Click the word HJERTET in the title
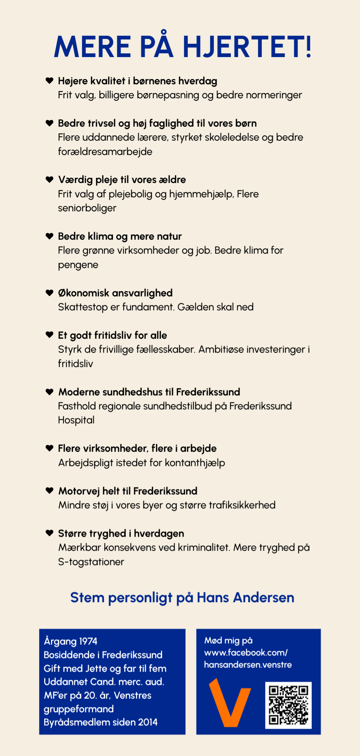pos(247,47)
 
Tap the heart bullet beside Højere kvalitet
pos(49,81)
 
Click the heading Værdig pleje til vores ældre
pos(122,180)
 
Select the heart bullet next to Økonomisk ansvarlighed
pos(49,293)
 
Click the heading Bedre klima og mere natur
pos(120,236)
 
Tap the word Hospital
pos(76,420)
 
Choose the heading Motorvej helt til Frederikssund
pos(128,491)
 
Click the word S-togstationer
pos(91,562)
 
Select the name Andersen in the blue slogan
pos(264,598)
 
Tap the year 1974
pos(88,641)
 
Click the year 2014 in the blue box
pos(148,722)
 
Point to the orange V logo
pos(230,702)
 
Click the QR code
pos(288,705)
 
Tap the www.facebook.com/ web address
pos(246,653)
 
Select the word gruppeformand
pos(79,709)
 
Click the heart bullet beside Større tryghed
pos(49,533)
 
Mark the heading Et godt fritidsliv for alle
pos(112,335)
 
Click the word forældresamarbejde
pos(105,152)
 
